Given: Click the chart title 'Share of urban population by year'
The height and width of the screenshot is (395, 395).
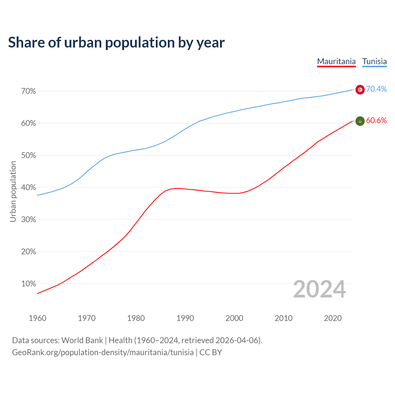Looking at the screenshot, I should pyautogui.click(x=116, y=43).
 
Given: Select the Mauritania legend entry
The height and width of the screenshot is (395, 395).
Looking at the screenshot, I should pyautogui.click(x=336, y=61).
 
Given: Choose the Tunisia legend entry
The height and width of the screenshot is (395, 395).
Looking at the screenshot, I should pyautogui.click(x=374, y=61).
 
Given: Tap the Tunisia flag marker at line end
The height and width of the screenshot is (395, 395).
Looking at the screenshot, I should pyautogui.click(x=360, y=89).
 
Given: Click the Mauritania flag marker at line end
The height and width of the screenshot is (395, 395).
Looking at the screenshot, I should pyautogui.click(x=360, y=121).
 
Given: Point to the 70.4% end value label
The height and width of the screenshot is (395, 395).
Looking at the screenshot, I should pyautogui.click(x=376, y=89).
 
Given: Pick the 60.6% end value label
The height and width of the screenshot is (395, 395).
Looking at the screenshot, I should pyautogui.click(x=376, y=121).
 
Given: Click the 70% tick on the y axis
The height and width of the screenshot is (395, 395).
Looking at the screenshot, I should pyautogui.click(x=29, y=91).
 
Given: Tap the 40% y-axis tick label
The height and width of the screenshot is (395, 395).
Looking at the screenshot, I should pyautogui.click(x=29, y=188).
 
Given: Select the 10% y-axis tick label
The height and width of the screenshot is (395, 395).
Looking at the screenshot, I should pyautogui.click(x=29, y=284).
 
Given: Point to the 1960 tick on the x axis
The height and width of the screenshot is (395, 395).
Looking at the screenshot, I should pyautogui.click(x=37, y=318).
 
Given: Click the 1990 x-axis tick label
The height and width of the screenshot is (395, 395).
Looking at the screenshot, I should pyautogui.click(x=185, y=318).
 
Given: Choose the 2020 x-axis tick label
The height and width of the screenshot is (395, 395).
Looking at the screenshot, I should pyautogui.click(x=333, y=318).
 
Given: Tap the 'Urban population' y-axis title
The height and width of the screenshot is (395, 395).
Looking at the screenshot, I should pyautogui.click(x=13, y=191).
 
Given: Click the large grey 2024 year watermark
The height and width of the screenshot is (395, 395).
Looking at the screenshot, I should pyautogui.click(x=319, y=289).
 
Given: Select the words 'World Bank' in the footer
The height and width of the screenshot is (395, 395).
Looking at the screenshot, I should pyautogui.click(x=82, y=340).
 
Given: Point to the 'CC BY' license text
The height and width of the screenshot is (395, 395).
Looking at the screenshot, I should pyautogui.click(x=211, y=352).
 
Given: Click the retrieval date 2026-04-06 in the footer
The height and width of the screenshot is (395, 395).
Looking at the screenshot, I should pyautogui.click(x=238, y=340).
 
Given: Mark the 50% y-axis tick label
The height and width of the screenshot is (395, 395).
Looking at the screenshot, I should pyautogui.click(x=29, y=156).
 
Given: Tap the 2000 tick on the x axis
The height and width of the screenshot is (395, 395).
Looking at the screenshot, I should pyautogui.click(x=234, y=318).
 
